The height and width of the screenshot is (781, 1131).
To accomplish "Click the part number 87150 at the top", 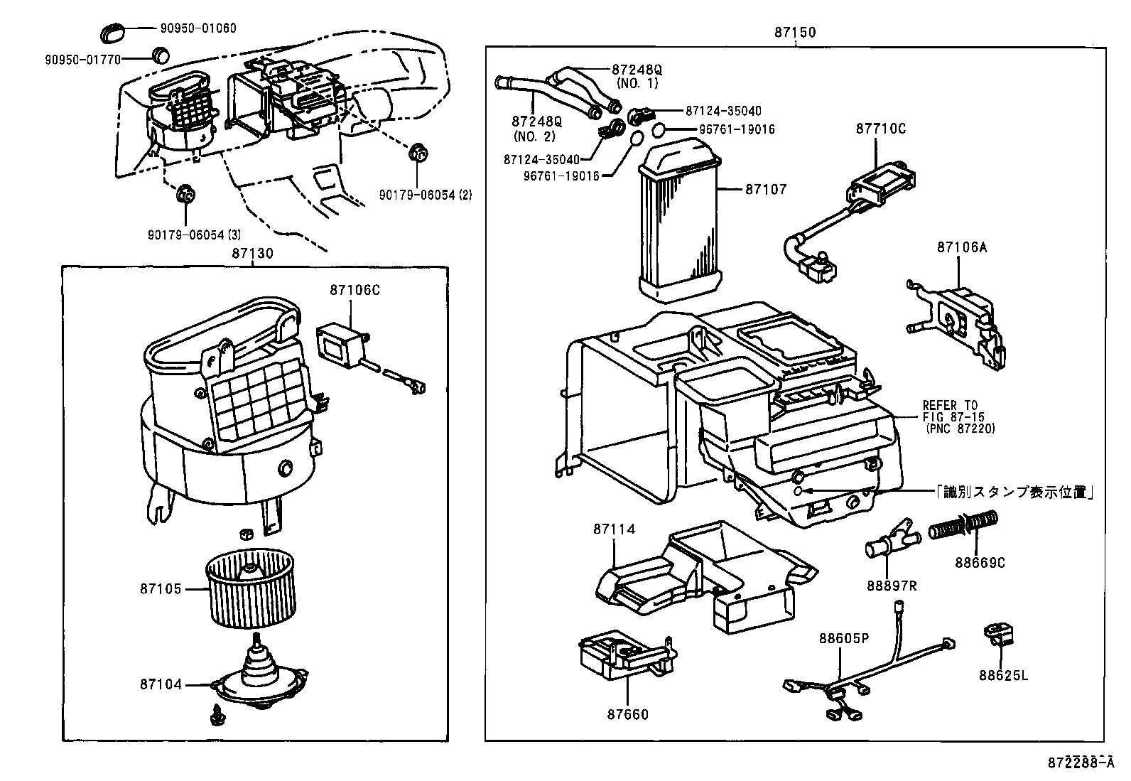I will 795,33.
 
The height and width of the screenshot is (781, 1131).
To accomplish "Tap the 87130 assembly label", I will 252,253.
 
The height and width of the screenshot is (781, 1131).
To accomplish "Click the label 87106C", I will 355,290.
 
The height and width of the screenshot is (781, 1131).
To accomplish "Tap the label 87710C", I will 880,129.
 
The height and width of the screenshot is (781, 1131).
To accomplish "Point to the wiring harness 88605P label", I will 843,638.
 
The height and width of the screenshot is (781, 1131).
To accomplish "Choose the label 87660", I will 627,714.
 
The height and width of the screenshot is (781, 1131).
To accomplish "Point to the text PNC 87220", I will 960,429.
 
